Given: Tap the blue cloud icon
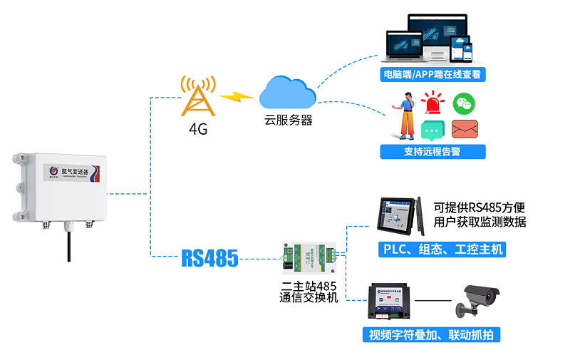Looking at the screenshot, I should coord(287,92).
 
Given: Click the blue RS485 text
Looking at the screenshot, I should coord(209,257).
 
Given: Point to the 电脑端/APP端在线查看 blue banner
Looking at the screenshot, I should coord(432,74).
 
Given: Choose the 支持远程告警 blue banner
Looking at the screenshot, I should coord(432,151).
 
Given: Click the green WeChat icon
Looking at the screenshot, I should coord(465,104).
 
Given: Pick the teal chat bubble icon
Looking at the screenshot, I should coord(432,130).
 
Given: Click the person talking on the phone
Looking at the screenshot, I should coord(407,115).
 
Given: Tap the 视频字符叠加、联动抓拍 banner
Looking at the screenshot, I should coord(431,334).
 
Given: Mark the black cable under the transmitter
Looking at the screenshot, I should coord(70,246).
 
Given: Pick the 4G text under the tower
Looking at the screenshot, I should coord(197,130).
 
